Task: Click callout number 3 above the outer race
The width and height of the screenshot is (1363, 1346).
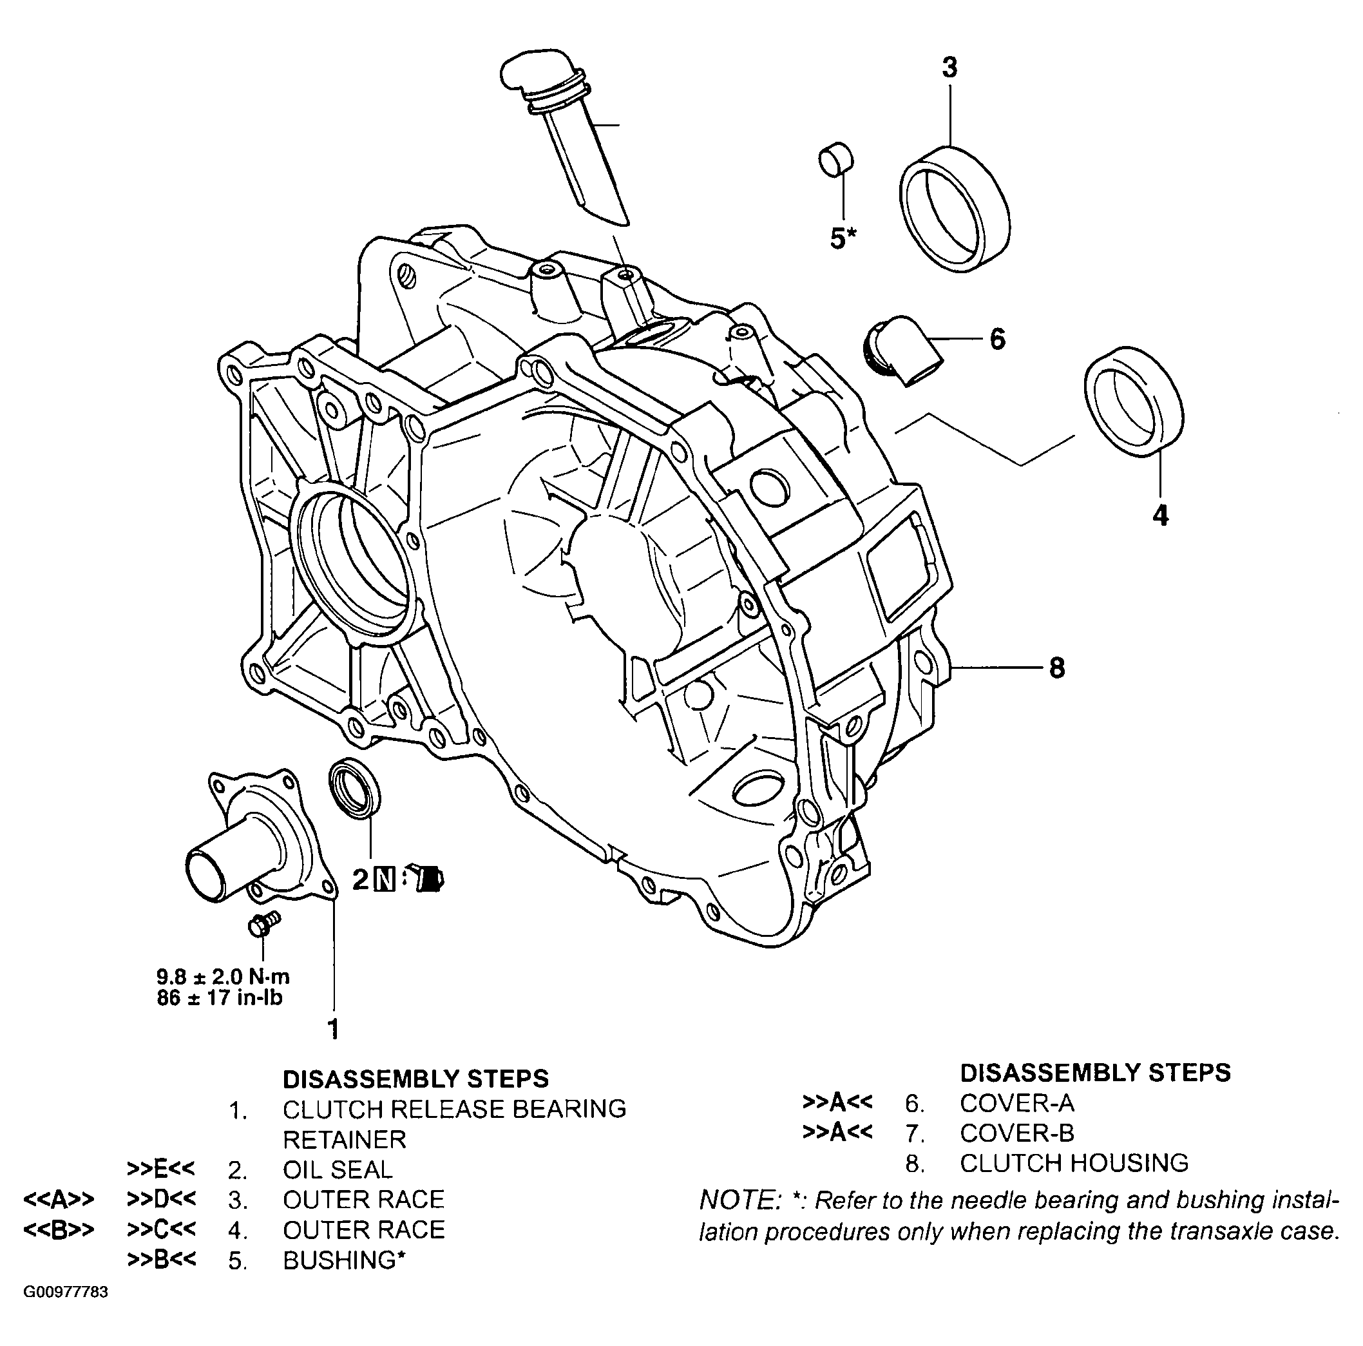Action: pos(950,68)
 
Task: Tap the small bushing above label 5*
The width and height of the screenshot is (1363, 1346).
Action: pos(835,159)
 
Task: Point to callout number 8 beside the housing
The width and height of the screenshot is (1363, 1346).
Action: pos(1056,667)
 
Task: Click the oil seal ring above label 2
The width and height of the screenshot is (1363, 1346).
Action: pos(355,789)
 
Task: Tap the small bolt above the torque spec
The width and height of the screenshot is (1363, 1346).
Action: pos(264,923)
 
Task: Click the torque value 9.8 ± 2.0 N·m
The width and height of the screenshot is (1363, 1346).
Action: pos(223,977)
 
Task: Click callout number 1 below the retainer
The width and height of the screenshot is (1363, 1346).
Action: pos(334,1029)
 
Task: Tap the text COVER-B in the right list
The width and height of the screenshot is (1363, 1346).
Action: pos(1016,1133)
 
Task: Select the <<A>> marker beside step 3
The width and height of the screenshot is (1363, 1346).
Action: pos(59,1199)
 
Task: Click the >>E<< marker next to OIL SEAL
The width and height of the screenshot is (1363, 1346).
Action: pos(162,1169)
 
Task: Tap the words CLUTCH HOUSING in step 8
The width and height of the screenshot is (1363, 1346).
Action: pos(1074,1162)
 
